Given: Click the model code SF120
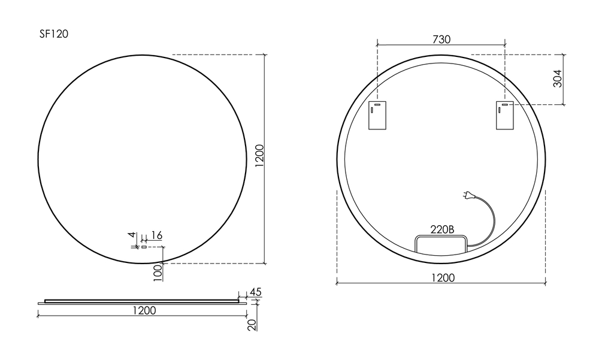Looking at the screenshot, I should coord(54,34).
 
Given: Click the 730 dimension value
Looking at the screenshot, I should coord(441,39).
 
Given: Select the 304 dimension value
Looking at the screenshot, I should coord(557,79).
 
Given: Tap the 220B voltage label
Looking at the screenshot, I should coord(443,229).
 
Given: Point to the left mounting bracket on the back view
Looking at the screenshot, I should coord(377,115).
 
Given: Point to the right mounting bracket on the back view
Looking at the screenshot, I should coord(505,115).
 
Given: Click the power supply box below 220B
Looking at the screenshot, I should coord(441,244).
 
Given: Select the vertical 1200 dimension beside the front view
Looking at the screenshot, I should coord(259,157).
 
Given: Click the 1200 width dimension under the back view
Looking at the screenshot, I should coord(442,277).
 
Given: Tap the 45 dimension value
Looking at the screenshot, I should coord(255,292).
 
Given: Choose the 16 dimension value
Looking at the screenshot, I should coord(156,235).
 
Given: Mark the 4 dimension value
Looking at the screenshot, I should coord(132,235).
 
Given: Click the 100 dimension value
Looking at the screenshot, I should coord(158,273).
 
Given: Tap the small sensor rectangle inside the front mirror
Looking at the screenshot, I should coord(144,246).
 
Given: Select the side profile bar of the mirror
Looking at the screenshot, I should coord(143,301).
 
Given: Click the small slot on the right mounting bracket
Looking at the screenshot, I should coord(504,105).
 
